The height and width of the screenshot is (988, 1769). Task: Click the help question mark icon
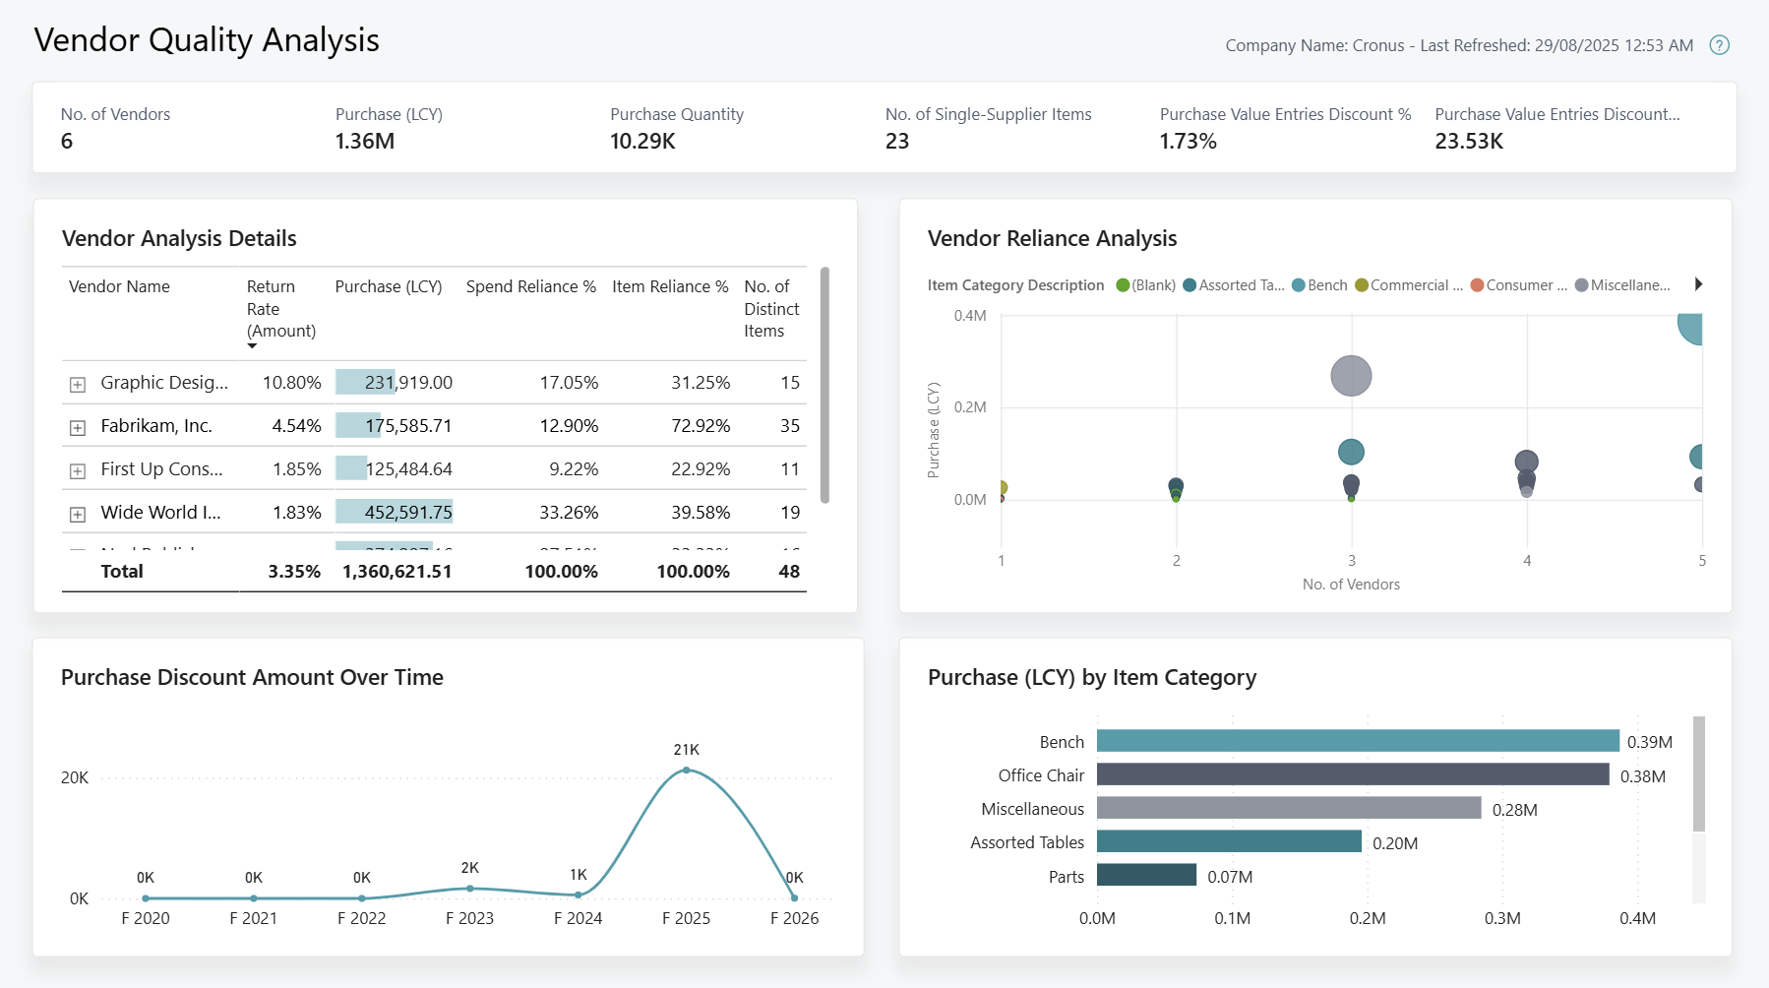click(1719, 45)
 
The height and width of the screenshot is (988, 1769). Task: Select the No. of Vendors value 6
click(67, 141)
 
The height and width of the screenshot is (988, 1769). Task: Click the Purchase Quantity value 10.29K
click(642, 141)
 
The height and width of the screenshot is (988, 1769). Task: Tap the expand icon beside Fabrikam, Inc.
click(78, 428)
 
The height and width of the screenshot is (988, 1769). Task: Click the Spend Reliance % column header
click(530, 286)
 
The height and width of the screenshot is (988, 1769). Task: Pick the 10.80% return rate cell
click(291, 383)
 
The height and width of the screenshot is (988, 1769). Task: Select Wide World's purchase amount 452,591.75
click(408, 513)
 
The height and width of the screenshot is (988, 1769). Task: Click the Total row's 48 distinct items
click(789, 572)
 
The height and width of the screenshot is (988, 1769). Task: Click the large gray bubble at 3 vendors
click(1351, 376)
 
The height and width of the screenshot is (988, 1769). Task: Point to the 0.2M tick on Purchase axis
click(969, 407)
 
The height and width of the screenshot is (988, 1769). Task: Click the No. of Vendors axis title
click(1351, 585)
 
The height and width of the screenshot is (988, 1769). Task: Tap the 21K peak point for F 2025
click(687, 771)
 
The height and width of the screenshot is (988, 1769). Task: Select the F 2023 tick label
click(469, 918)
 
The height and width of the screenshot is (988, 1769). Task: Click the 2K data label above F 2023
click(470, 868)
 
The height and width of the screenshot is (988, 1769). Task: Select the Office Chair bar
click(1353, 775)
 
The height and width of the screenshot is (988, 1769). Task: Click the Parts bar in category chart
click(1146, 876)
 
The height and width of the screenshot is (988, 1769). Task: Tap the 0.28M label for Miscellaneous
click(1514, 810)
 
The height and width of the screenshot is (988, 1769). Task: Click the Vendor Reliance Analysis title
click(1052, 238)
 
